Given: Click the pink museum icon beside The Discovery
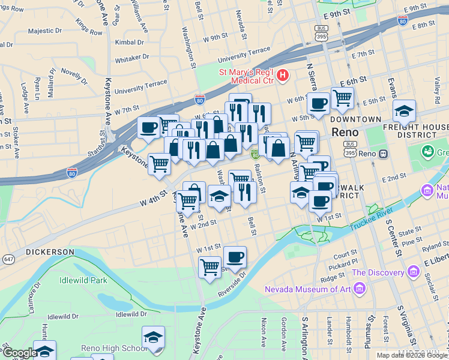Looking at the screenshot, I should [413, 272].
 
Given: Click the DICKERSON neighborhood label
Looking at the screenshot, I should [50, 253].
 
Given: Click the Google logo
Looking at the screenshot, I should [19, 352].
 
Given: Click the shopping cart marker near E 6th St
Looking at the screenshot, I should [342, 98].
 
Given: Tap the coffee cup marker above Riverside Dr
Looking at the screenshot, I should [235, 257].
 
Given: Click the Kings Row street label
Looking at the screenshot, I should [89, 28].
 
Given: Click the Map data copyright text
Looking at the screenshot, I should [412, 355].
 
